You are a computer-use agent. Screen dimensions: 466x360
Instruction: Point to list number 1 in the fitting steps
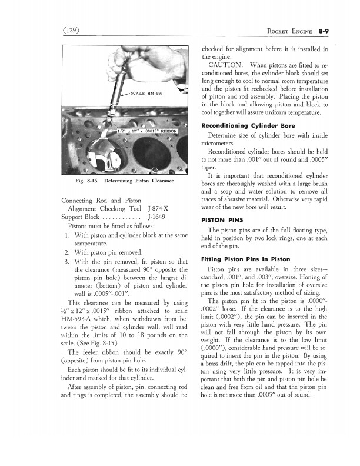click(x=68, y=236)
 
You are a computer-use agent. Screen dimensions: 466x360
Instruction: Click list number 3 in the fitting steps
click(x=68, y=262)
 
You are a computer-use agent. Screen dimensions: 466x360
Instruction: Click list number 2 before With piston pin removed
click(x=68, y=253)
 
